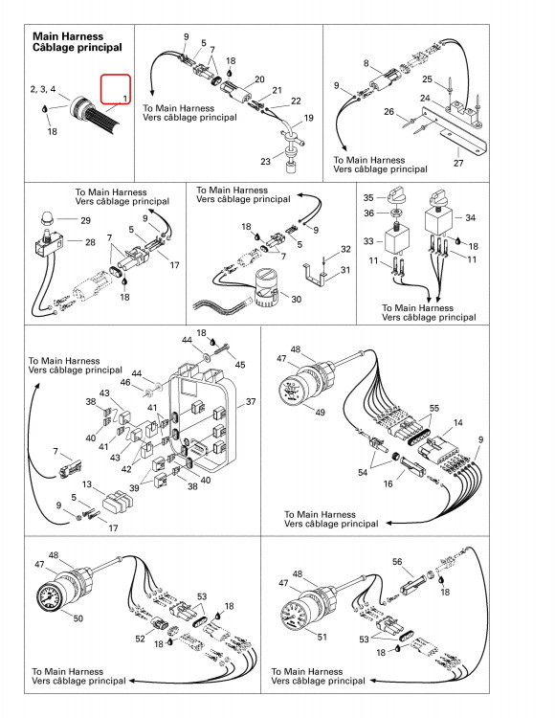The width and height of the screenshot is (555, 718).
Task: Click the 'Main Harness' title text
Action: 68,36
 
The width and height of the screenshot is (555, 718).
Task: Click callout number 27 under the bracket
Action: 458,163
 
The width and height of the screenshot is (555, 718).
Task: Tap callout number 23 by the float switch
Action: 265,161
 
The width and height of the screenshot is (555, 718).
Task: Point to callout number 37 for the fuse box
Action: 251,401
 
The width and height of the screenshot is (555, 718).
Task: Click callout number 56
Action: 397,561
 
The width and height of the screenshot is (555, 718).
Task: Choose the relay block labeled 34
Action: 438,221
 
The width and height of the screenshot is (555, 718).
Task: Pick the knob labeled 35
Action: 395,194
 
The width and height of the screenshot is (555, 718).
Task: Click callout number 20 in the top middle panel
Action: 259,79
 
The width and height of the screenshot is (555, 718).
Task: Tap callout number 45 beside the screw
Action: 240,365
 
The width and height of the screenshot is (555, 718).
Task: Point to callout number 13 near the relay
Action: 87,484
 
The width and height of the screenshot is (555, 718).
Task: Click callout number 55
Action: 434,408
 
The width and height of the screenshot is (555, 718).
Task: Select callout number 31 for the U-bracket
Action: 345,270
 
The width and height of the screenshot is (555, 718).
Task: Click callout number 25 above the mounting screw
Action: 427,79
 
